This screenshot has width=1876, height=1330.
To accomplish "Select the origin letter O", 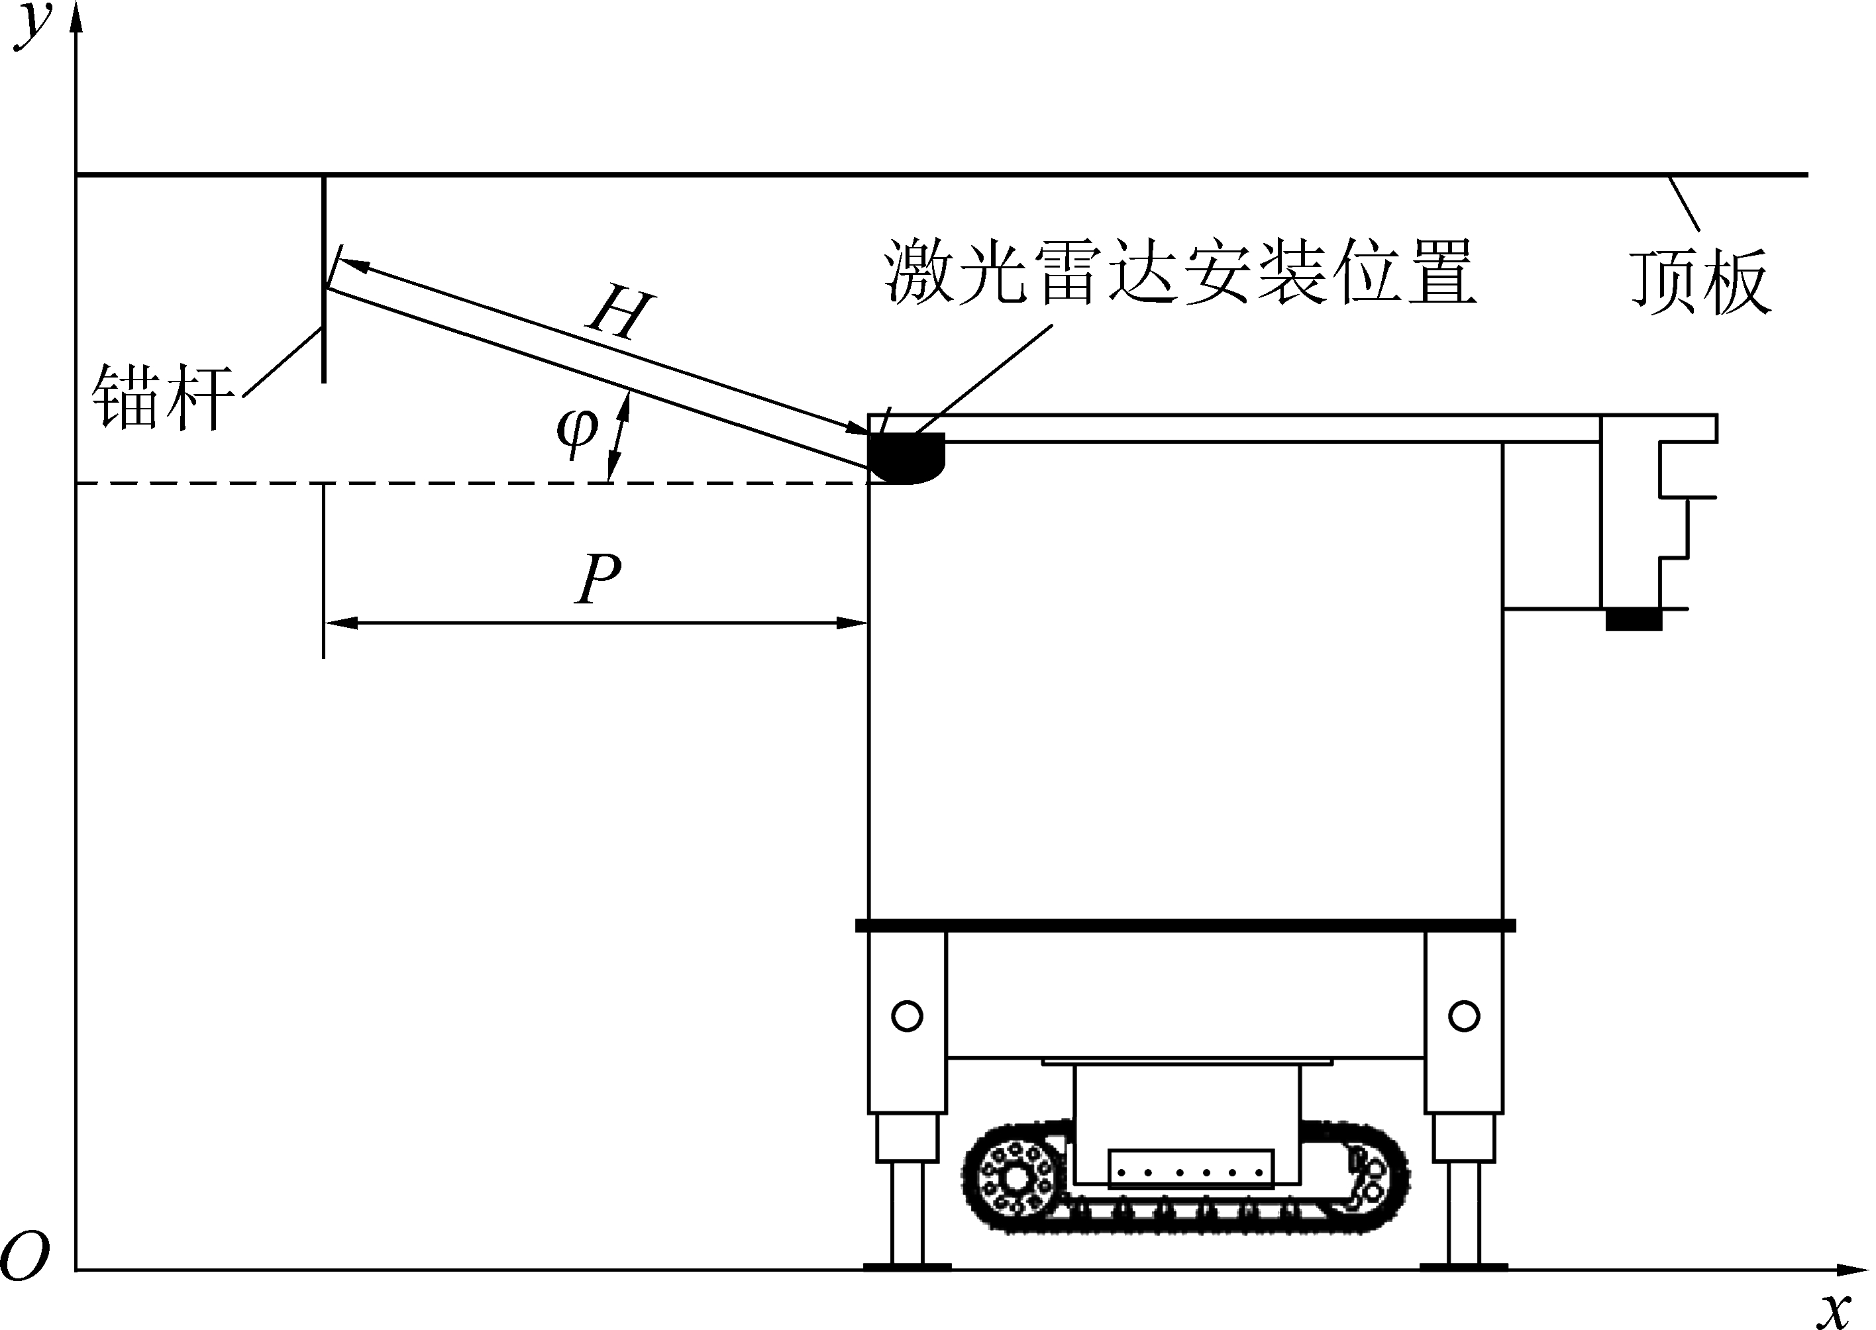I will click(x=25, y=1258).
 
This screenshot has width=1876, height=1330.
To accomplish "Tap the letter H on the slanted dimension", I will click(x=621, y=314).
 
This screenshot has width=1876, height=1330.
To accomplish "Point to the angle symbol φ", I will click(x=577, y=429).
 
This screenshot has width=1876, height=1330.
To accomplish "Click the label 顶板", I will click(x=1700, y=281).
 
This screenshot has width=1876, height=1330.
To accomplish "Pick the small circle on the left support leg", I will click(x=906, y=1016).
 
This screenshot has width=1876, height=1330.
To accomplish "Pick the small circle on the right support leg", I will click(x=1463, y=1016).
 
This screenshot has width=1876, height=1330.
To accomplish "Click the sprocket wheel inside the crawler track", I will click(x=1016, y=1179).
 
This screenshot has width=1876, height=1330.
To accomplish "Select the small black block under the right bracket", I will click(x=1633, y=620).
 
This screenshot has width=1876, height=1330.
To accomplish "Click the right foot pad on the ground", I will click(x=1463, y=1267).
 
